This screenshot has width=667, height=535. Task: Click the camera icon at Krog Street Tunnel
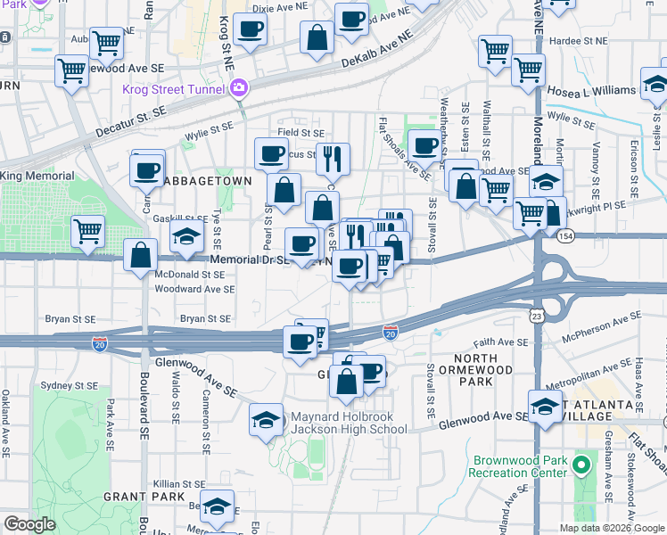pyautogui.click(x=238, y=87)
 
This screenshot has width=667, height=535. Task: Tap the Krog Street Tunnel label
pyautogui.click(x=174, y=88)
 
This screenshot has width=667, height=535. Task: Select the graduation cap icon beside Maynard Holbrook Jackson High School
pyautogui.click(x=266, y=420)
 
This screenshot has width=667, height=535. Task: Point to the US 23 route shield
pyautogui.click(x=536, y=317)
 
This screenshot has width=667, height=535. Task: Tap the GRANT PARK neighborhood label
pyautogui.click(x=143, y=496)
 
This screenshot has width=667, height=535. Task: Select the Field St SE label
pyautogui.click(x=300, y=133)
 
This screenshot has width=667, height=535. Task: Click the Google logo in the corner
pyautogui.click(x=29, y=524)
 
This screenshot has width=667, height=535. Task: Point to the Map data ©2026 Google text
pyautogui.click(x=613, y=528)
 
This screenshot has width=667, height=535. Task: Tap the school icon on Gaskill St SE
pyautogui.click(x=187, y=237)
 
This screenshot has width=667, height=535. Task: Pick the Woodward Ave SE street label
pyautogui.click(x=194, y=290)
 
